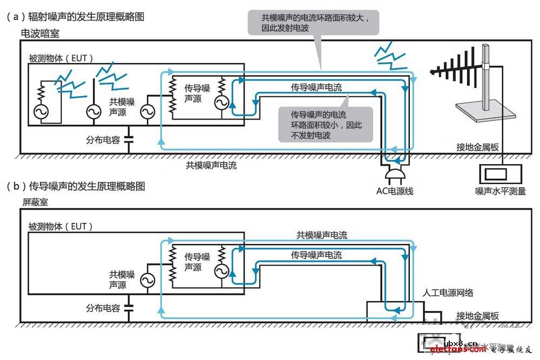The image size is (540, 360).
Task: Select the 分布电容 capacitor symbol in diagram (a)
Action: [x=128, y=139]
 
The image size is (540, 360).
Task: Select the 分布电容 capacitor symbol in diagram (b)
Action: [x=128, y=308]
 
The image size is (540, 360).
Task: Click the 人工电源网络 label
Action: [x=448, y=293]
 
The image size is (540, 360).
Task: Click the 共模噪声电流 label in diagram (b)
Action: [x=322, y=235]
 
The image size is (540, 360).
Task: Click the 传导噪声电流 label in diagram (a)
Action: [x=316, y=87]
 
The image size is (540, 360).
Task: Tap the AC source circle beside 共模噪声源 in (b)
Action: [x=147, y=280]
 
